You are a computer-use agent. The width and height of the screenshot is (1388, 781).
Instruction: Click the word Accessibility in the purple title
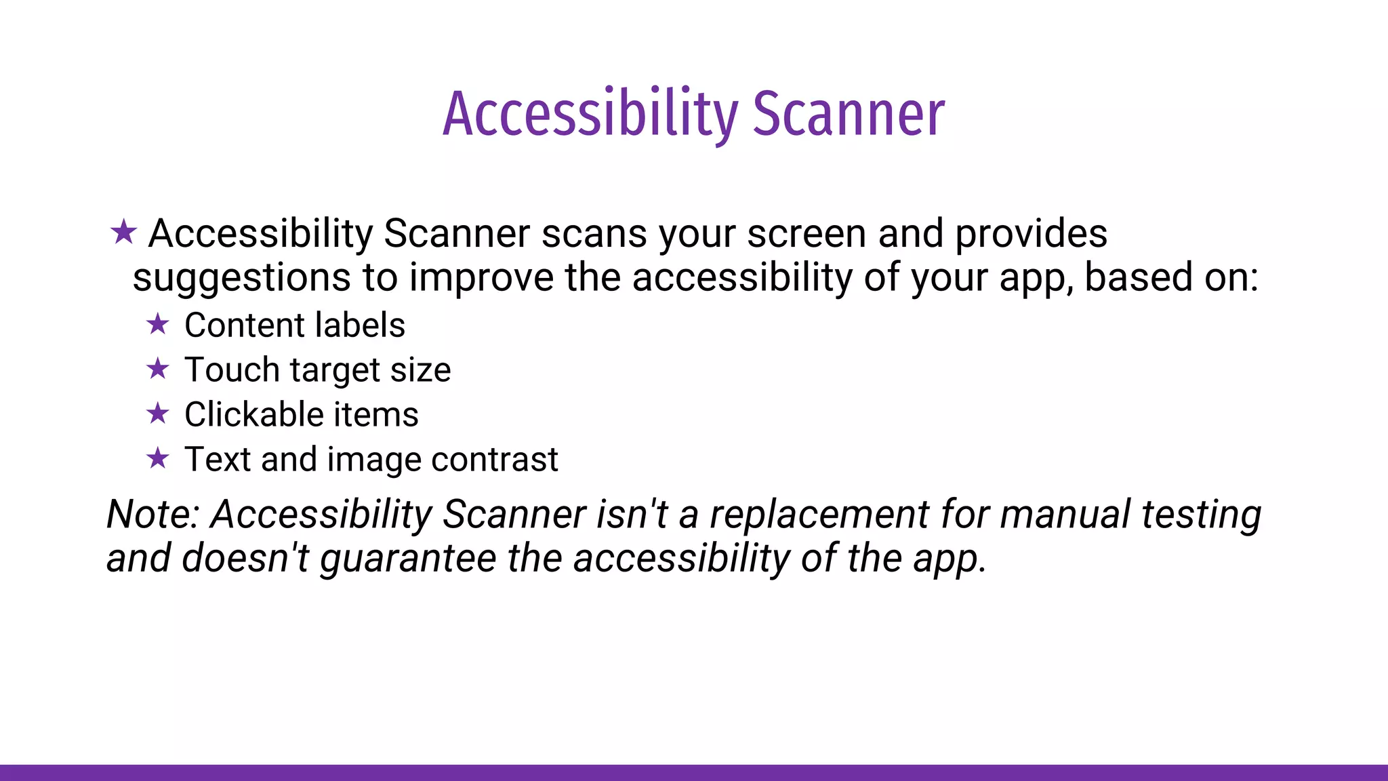(x=590, y=114)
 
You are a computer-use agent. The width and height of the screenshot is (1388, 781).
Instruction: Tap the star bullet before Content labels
(x=158, y=324)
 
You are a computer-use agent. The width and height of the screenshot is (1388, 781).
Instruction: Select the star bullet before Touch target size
(x=158, y=369)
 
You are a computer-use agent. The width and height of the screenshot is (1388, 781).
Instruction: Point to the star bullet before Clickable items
(x=158, y=414)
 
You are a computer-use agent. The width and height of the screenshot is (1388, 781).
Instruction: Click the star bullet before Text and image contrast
(x=158, y=458)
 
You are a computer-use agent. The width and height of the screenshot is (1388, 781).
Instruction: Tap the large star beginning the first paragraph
(x=123, y=233)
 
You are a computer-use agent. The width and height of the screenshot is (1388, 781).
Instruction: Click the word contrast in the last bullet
(x=495, y=460)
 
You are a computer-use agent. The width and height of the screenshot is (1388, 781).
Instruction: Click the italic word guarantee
(x=409, y=559)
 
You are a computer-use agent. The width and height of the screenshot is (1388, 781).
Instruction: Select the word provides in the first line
(x=1031, y=234)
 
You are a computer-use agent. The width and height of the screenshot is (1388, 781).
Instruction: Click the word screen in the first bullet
(x=806, y=234)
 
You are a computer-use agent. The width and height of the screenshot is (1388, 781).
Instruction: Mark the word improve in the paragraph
(x=481, y=278)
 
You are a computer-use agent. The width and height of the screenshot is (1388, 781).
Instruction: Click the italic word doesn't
(x=245, y=558)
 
